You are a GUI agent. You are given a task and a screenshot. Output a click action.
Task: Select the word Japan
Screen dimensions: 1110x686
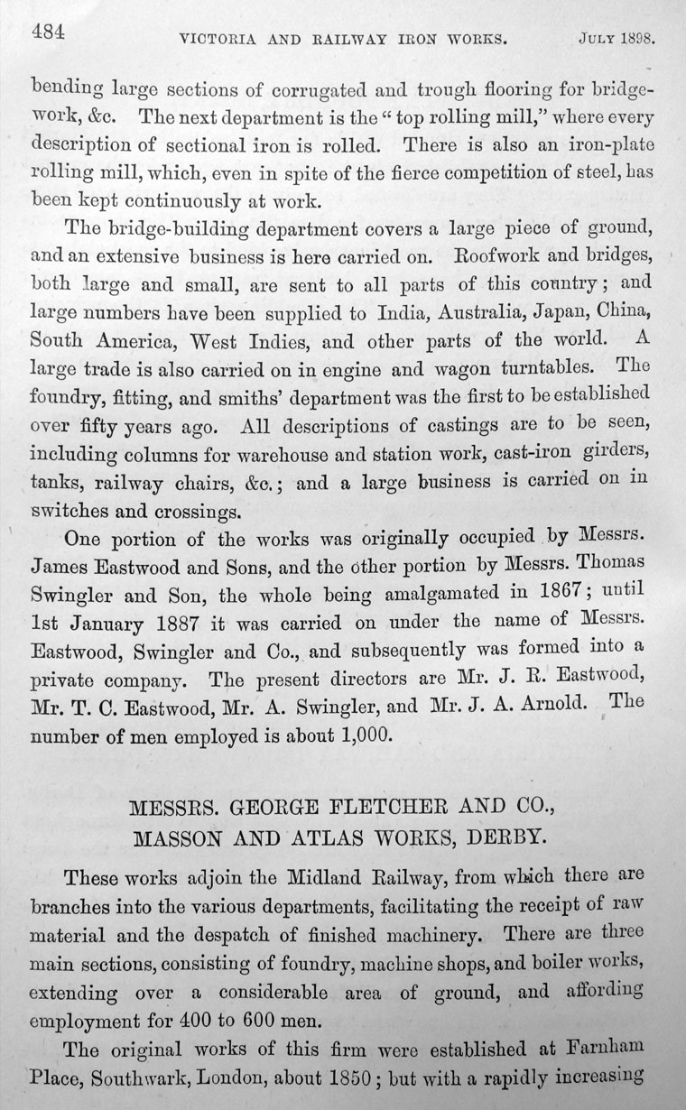pos(526,316)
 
